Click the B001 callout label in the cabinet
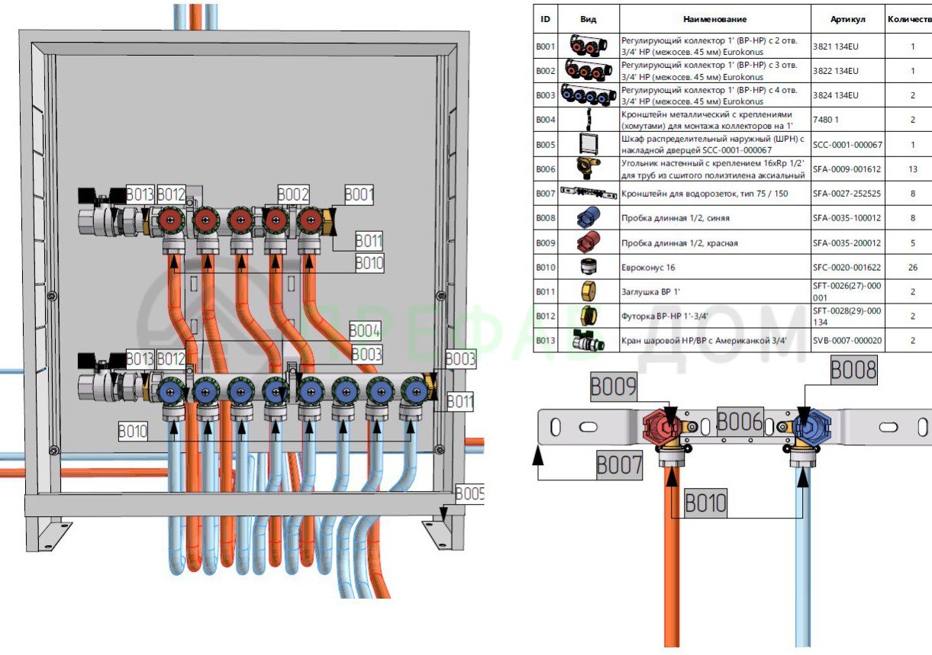tap(360, 194)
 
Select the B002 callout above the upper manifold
tap(293, 194)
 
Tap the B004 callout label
tap(365, 331)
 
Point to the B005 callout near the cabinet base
tap(469, 493)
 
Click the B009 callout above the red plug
tap(613, 387)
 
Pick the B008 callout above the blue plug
tap(853, 371)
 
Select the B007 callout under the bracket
tap(620, 465)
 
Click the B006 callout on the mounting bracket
tap(740, 421)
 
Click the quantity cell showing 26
tap(913, 268)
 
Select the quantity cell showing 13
tap(913, 169)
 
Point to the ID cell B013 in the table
tap(545, 342)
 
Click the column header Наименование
tap(715, 19)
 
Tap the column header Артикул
tap(847, 19)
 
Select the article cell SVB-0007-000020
tap(847, 342)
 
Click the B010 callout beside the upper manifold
tap(369, 263)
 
